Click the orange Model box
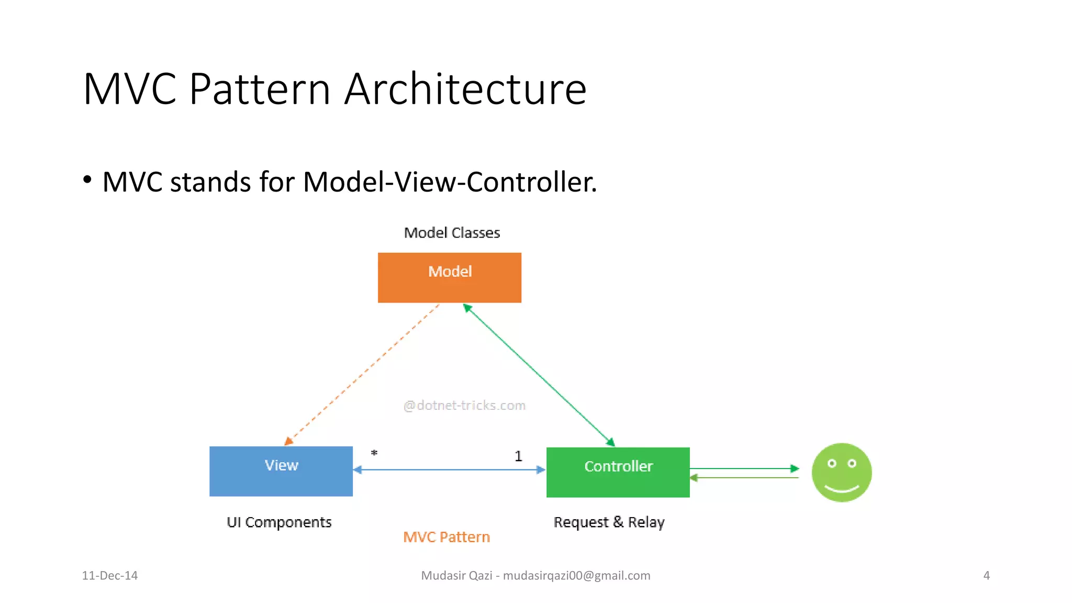click(x=449, y=277)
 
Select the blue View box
click(x=281, y=471)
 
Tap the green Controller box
click(x=618, y=472)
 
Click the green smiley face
click(x=841, y=472)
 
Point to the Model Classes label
click(x=452, y=233)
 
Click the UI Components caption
click(x=279, y=522)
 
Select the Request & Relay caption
click(x=609, y=522)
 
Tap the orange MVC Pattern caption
click(x=446, y=537)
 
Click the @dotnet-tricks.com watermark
click(x=464, y=406)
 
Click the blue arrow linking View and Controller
click(x=449, y=470)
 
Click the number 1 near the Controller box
click(x=518, y=456)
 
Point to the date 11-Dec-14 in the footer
click(x=109, y=576)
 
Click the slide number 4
click(x=986, y=576)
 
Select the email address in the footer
click(x=576, y=576)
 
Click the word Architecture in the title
click(x=465, y=89)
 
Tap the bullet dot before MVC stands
click(x=87, y=180)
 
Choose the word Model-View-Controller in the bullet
click(x=449, y=182)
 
